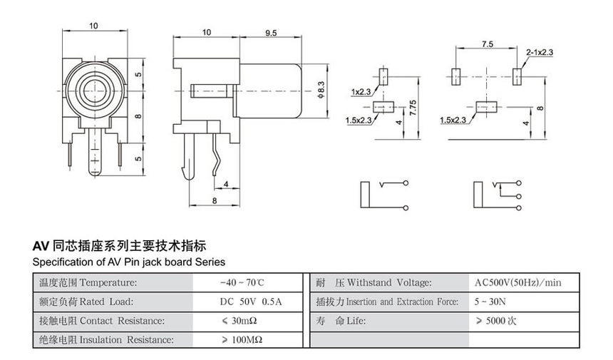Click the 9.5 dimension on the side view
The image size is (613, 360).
coord(271,33)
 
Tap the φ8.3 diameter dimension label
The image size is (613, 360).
coord(321,91)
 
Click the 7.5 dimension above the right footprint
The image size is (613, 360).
coord(488,43)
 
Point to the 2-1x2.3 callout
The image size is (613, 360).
coord(540,52)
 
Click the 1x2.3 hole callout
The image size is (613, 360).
coord(361,92)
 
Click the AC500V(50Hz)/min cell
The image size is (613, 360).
coord(517,283)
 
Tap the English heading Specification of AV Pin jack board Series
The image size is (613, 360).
coord(129,262)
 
